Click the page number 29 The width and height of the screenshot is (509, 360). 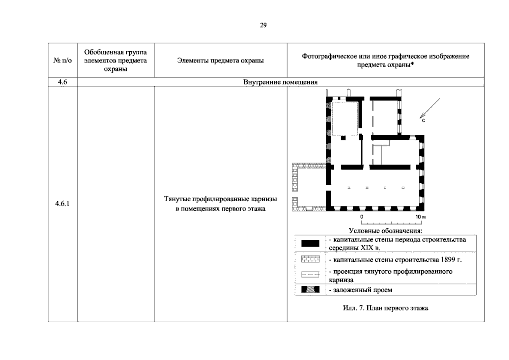coord(263,25)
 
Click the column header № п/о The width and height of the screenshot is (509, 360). coord(62,60)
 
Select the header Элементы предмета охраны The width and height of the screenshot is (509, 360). coord(220,60)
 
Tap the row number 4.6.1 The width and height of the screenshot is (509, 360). coord(62,203)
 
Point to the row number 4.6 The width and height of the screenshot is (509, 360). coord(62,82)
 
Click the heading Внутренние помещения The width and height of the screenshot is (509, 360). coord(280,82)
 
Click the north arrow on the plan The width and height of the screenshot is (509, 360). coord(430,108)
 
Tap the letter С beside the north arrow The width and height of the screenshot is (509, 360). coord(423,121)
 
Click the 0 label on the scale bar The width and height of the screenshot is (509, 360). coord(362,217)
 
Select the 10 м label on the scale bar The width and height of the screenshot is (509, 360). coord(420,217)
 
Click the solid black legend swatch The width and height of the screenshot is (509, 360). coord(310,244)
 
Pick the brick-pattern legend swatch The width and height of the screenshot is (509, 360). coord(310,259)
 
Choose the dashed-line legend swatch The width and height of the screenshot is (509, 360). coord(310,274)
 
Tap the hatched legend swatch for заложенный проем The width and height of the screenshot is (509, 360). coord(310,289)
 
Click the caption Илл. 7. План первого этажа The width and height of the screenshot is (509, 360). coord(385,308)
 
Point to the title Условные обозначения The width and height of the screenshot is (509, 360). coord(386,231)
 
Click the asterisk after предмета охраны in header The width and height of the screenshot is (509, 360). coord(412,64)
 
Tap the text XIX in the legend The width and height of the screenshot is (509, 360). coord(367,247)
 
